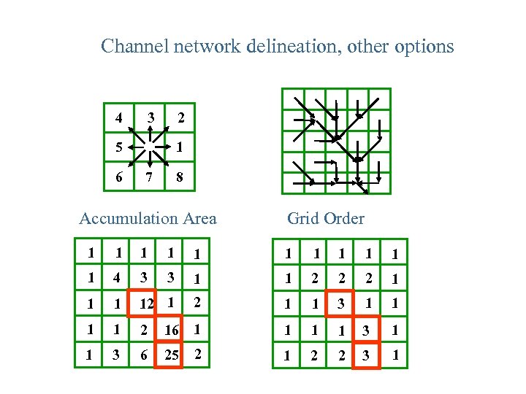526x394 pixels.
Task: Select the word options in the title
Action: point(423,47)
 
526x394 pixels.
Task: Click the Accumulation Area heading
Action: point(148,218)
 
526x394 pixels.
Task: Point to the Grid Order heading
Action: point(325,218)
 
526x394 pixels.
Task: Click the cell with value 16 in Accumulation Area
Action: point(171,331)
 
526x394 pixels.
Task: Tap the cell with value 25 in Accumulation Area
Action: point(171,355)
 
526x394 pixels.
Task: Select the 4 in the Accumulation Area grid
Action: point(117,278)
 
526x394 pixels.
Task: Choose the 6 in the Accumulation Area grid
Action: point(143,355)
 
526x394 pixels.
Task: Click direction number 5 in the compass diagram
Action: point(118,147)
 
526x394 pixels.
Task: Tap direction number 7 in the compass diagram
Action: point(150,177)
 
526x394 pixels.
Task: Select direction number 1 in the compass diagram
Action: point(179,147)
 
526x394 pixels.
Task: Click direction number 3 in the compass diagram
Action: point(150,117)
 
